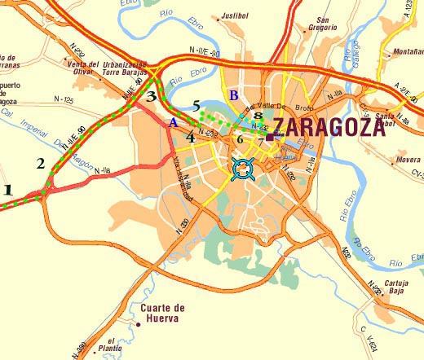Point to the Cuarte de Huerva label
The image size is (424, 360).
coord(163,313)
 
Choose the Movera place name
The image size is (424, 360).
coord(407,160)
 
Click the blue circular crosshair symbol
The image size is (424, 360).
coord(241,169)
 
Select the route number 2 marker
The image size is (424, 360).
coord(41,163)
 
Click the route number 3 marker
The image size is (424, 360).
coord(151,96)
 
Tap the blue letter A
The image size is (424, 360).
coord(171,123)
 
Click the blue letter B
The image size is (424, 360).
coord(233,96)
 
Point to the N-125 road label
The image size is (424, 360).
coord(63,100)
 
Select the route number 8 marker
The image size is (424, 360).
coord(258,116)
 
